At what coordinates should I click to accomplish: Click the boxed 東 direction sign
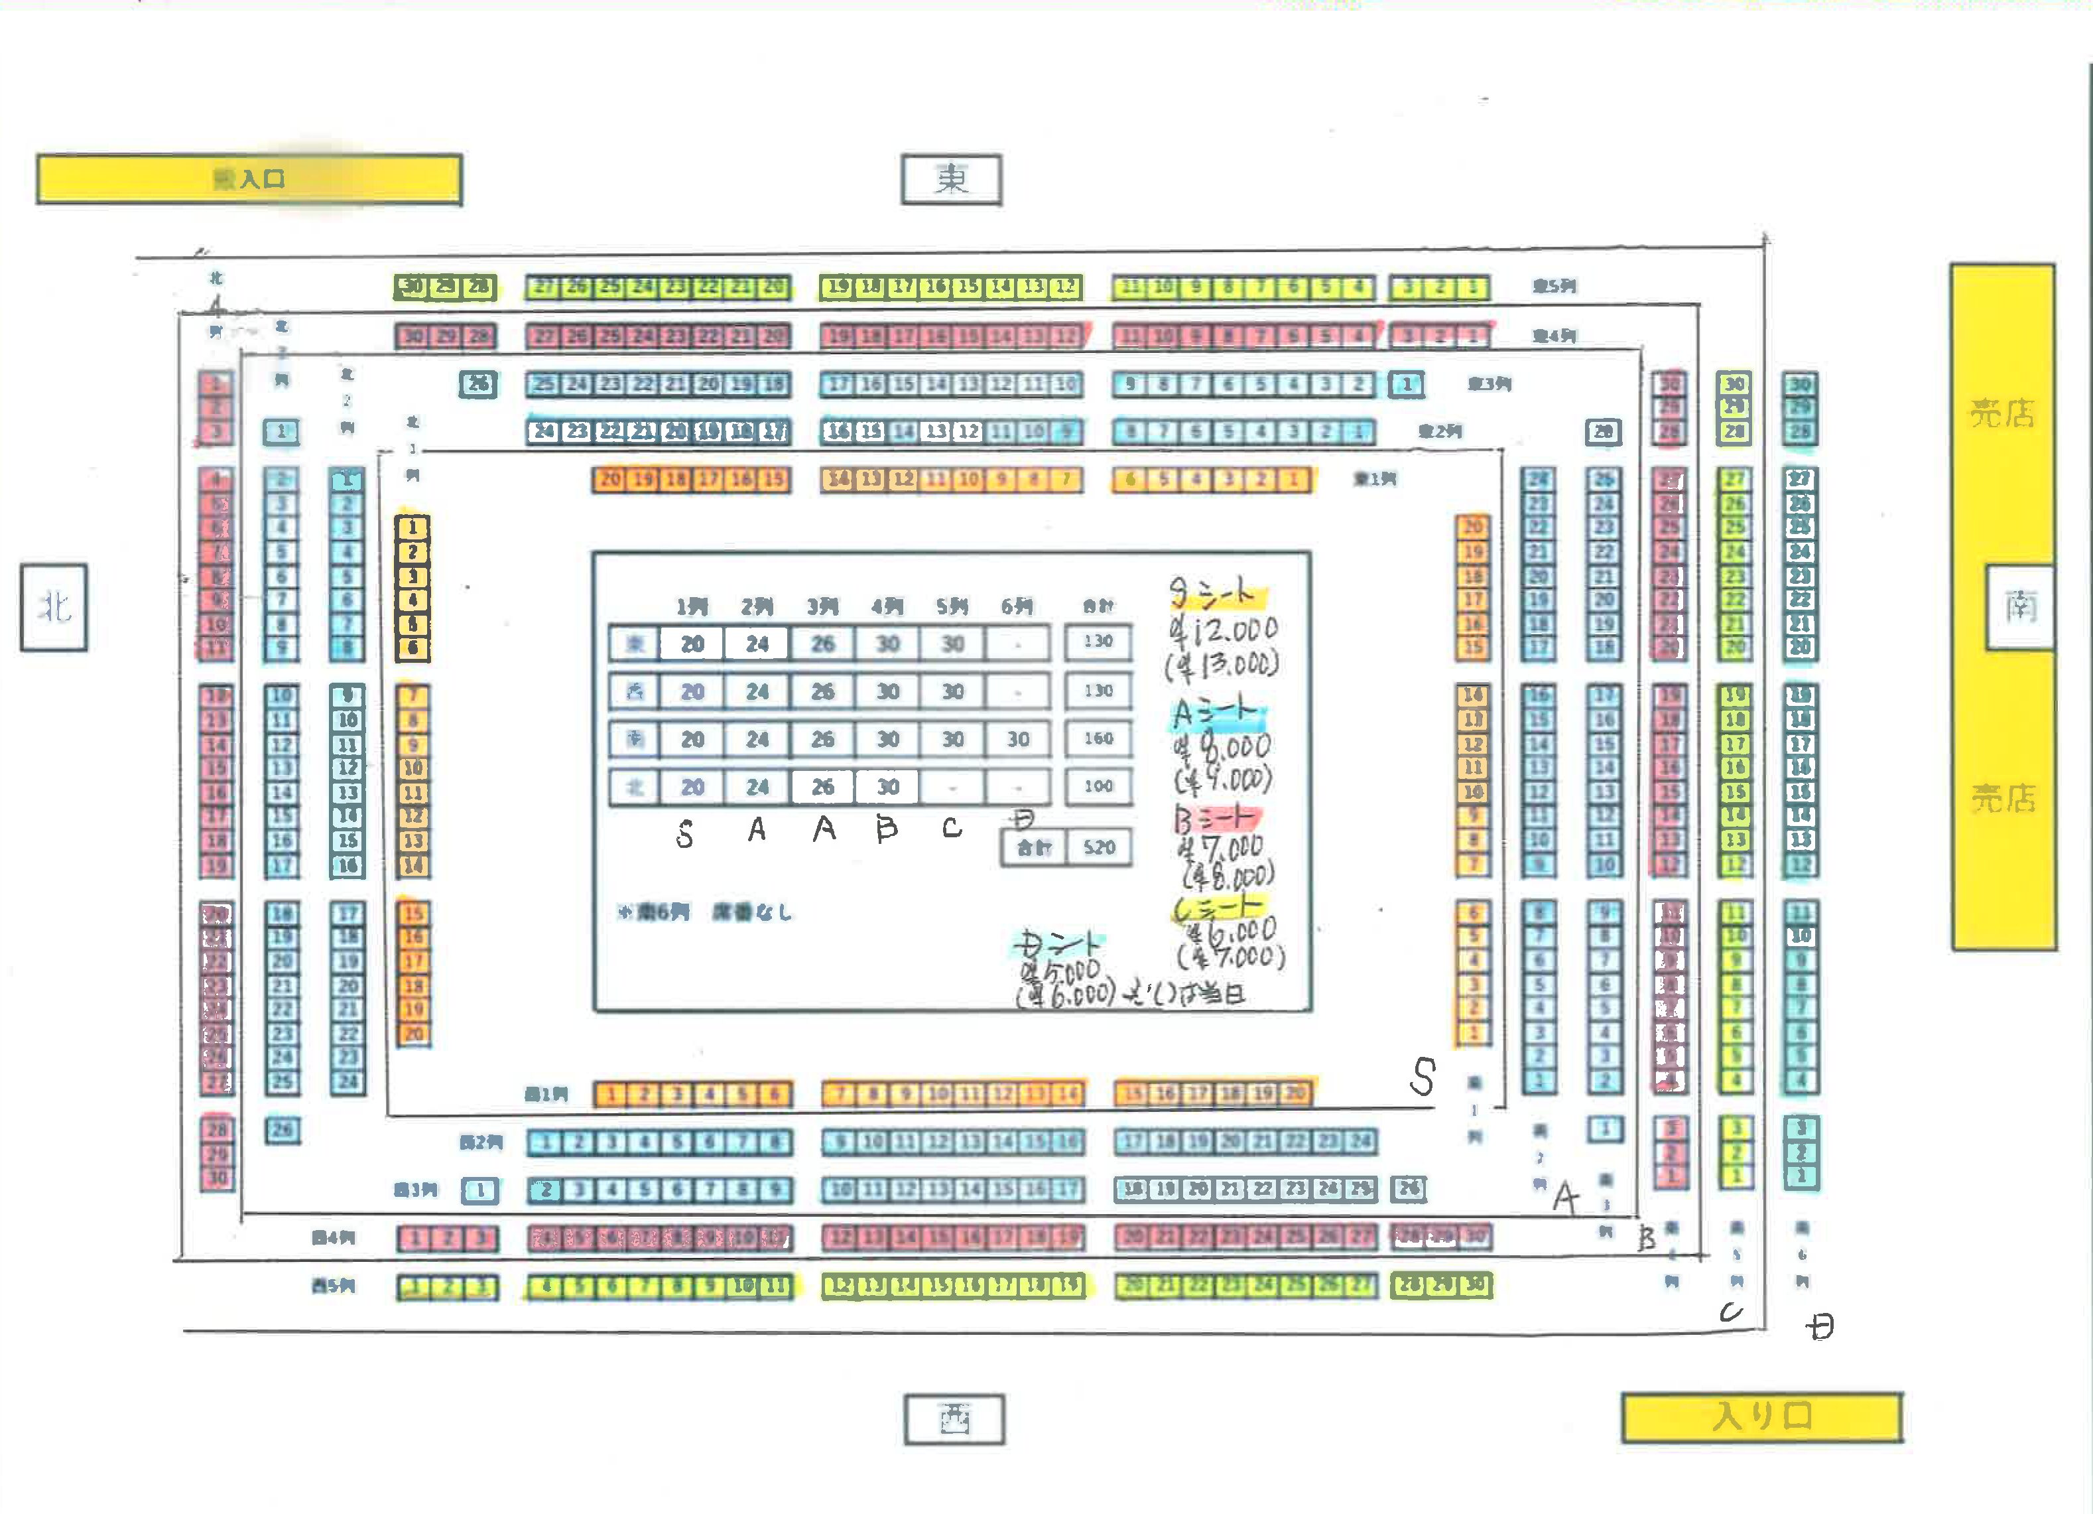[x=952, y=179]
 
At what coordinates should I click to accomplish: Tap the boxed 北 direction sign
[x=54, y=608]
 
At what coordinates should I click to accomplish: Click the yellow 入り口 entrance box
[x=1761, y=1416]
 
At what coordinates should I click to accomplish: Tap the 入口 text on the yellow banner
[x=261, y=179]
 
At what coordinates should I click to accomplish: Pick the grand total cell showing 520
[x=1099, y=847]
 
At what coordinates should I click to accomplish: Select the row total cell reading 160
[x=1098, y=738]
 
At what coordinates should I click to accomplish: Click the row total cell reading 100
[x=1098, y=787]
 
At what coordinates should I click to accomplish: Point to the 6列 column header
[x=1017, y=606]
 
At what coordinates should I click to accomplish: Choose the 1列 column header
[x=692, y=606]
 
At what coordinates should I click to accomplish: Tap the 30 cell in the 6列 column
[x=1018, y=740]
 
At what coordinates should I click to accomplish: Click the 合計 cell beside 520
[x=1034, y=847]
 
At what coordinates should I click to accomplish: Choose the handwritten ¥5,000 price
[x=1061, y=972]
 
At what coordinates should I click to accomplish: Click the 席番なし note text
[x=752, y=913]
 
